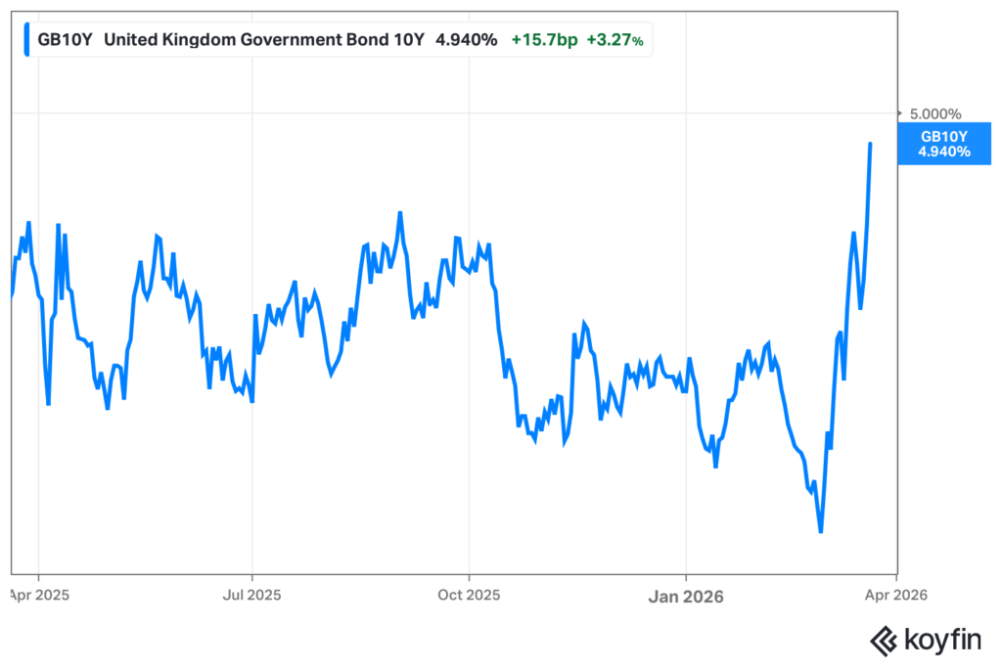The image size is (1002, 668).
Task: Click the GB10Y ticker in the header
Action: pos(66,40)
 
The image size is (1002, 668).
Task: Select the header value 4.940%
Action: pos(465,40)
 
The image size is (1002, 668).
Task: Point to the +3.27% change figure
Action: pos(615,40)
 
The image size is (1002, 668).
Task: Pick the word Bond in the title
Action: pos(369,40)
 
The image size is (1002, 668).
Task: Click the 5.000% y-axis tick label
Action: pos(936,113)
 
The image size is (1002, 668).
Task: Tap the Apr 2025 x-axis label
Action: pos(37,594)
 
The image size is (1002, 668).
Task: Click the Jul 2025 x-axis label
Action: pos(252,594)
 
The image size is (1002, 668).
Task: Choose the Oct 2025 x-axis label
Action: pos(469,594)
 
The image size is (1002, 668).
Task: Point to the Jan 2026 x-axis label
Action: pos(686,594)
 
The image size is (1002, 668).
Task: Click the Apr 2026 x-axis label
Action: pos(898,594)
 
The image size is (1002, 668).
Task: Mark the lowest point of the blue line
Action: pos(820,532)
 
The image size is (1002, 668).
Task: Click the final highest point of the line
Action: pos(870,144)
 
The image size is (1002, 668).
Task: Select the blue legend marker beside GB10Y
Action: pos(26,40)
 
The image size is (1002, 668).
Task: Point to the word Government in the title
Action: pos(290,40)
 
